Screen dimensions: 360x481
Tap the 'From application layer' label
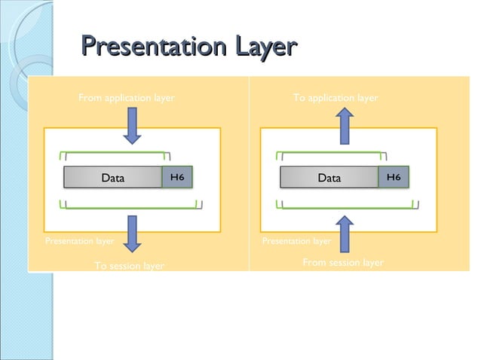point(127,98)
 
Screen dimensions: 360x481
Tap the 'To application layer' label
point(335,98)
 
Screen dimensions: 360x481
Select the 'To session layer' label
point(129,266)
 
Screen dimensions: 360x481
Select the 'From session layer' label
point(343,263)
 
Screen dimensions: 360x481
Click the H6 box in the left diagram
point(178,178)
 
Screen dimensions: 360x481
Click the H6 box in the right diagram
point(394,178)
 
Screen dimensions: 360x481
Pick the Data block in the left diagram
point(113,178)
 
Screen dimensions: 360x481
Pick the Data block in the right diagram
point(329,178)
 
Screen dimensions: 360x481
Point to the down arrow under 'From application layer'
point(132,125)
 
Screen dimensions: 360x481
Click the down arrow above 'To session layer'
point(132,233)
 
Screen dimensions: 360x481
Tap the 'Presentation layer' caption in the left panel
point(79,242)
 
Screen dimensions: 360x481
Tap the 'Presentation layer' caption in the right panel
point(296,242)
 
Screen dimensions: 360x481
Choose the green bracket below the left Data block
point(131,203)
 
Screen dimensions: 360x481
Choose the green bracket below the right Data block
point(348,203)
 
